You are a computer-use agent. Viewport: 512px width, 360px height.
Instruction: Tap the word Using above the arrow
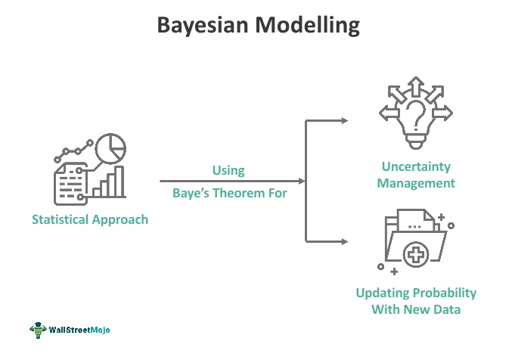[x=228, y=169]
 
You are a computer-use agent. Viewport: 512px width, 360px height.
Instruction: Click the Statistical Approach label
[x=90, y=220]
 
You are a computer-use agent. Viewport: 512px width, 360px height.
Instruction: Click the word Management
[x=415, y=183]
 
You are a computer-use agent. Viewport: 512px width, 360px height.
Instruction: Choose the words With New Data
[x=416, y=310]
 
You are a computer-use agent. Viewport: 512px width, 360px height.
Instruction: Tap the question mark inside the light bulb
[x=415, y=115]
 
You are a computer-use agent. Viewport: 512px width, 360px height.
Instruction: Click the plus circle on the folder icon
[x=416, y=254]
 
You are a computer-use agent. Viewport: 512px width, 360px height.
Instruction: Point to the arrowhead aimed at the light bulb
[x=344, y=120]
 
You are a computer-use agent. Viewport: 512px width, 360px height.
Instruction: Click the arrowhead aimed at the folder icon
[x=344, y=242]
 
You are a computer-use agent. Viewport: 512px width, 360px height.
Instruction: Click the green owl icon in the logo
[x=39, y=331]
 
